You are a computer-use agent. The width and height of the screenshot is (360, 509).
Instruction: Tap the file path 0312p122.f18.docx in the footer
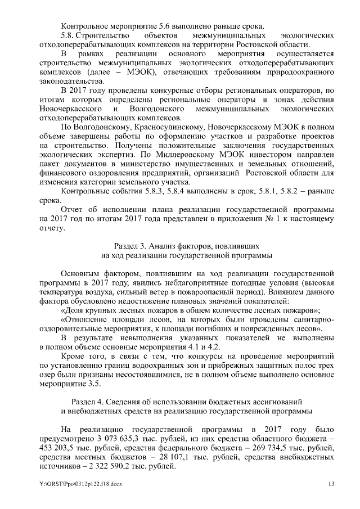[x=84, y=484]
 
